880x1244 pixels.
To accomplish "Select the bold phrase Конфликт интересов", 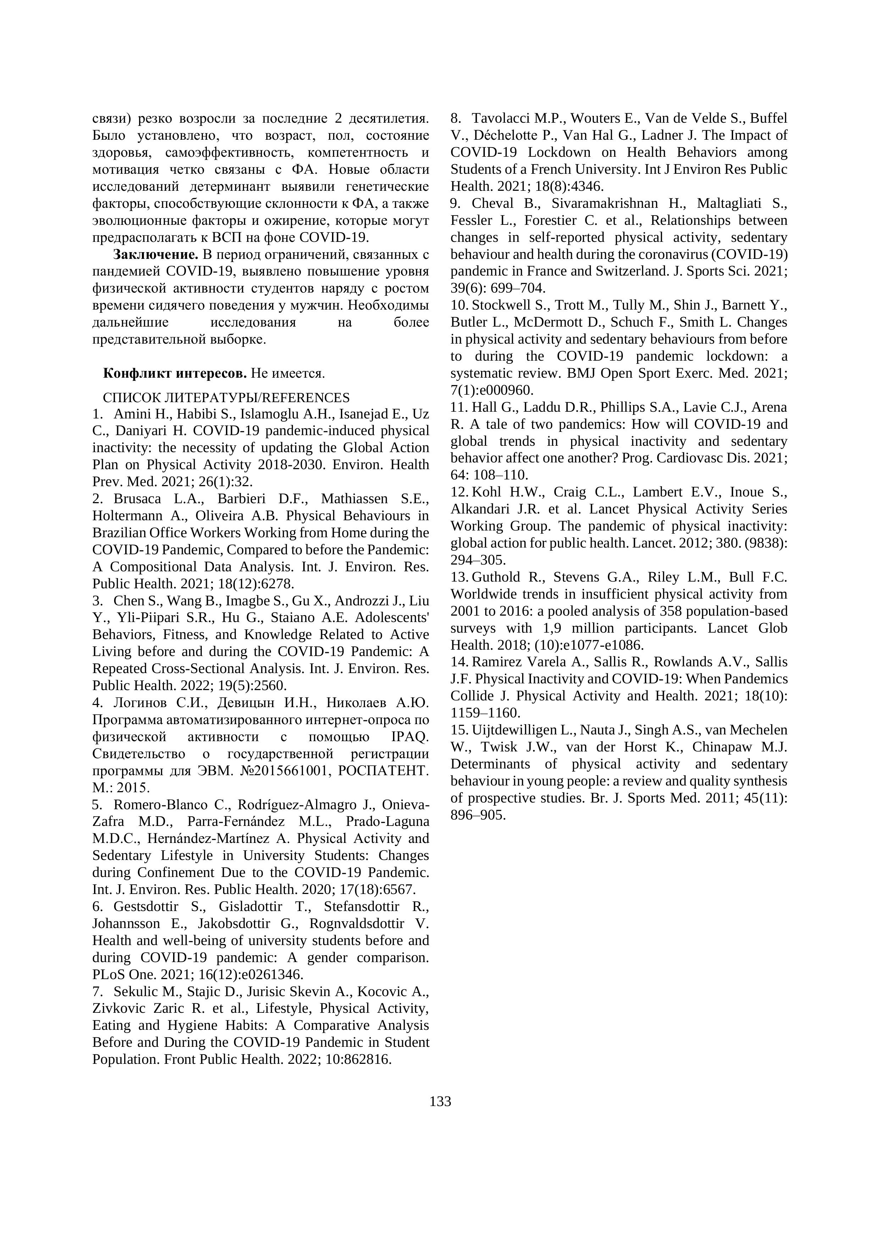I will point(175,373).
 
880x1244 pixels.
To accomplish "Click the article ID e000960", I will point(506,390).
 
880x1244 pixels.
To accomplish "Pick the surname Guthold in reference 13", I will point(497,577).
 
